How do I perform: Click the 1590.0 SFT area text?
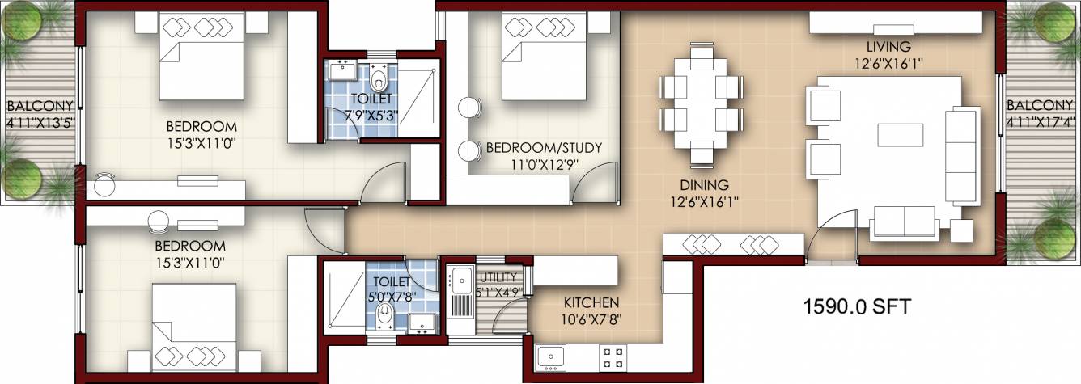coord(857,307)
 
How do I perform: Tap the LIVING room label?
coord(888,46)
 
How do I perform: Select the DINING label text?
coord(704,185)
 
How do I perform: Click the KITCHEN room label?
coord(592,302)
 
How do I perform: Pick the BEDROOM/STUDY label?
coord(543,147)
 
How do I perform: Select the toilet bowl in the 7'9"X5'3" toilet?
coord(379,80)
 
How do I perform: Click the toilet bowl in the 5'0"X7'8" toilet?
coord(384,314)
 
